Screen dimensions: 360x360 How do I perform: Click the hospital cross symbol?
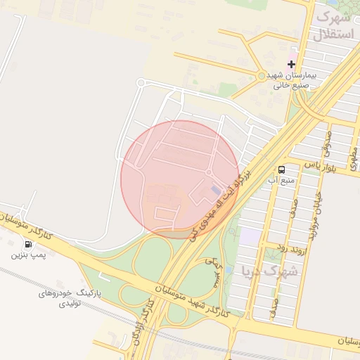291,64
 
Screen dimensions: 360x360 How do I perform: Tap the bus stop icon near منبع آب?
281,169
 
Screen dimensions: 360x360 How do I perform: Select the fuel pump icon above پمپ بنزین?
28,245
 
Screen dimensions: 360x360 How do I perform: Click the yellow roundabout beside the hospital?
262,75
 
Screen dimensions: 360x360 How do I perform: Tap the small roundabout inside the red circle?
209,172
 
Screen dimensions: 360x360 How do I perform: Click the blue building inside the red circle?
215,190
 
